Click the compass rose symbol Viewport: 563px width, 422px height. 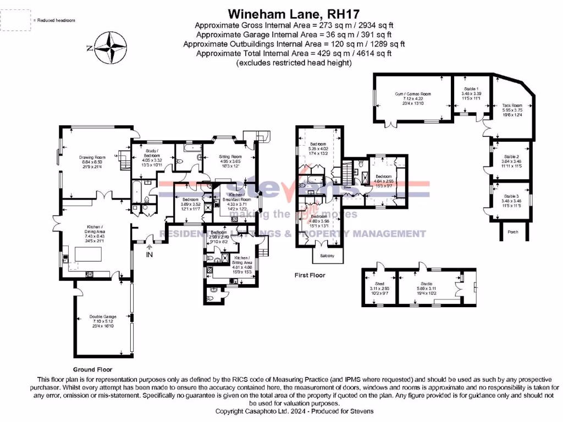pos(113,47)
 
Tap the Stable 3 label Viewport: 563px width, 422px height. pos(511,196)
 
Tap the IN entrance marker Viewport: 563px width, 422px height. pos(149,254)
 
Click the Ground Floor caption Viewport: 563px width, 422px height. pos(92,370)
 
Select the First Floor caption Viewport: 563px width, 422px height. pos(310,275)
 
